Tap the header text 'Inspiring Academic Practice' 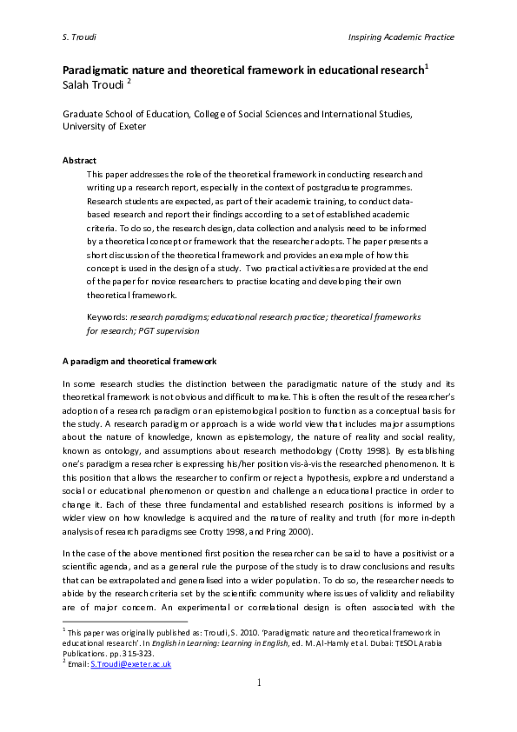pyautogui.click(x=401, y=37)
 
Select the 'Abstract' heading pyautogui.click(x=79, y=161)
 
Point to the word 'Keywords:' pyautogui.click(x=109, y=317)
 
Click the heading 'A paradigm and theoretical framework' pyautogui.click(x=139, y=361)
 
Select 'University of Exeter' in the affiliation pyautogui.click(x=103, y=125)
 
